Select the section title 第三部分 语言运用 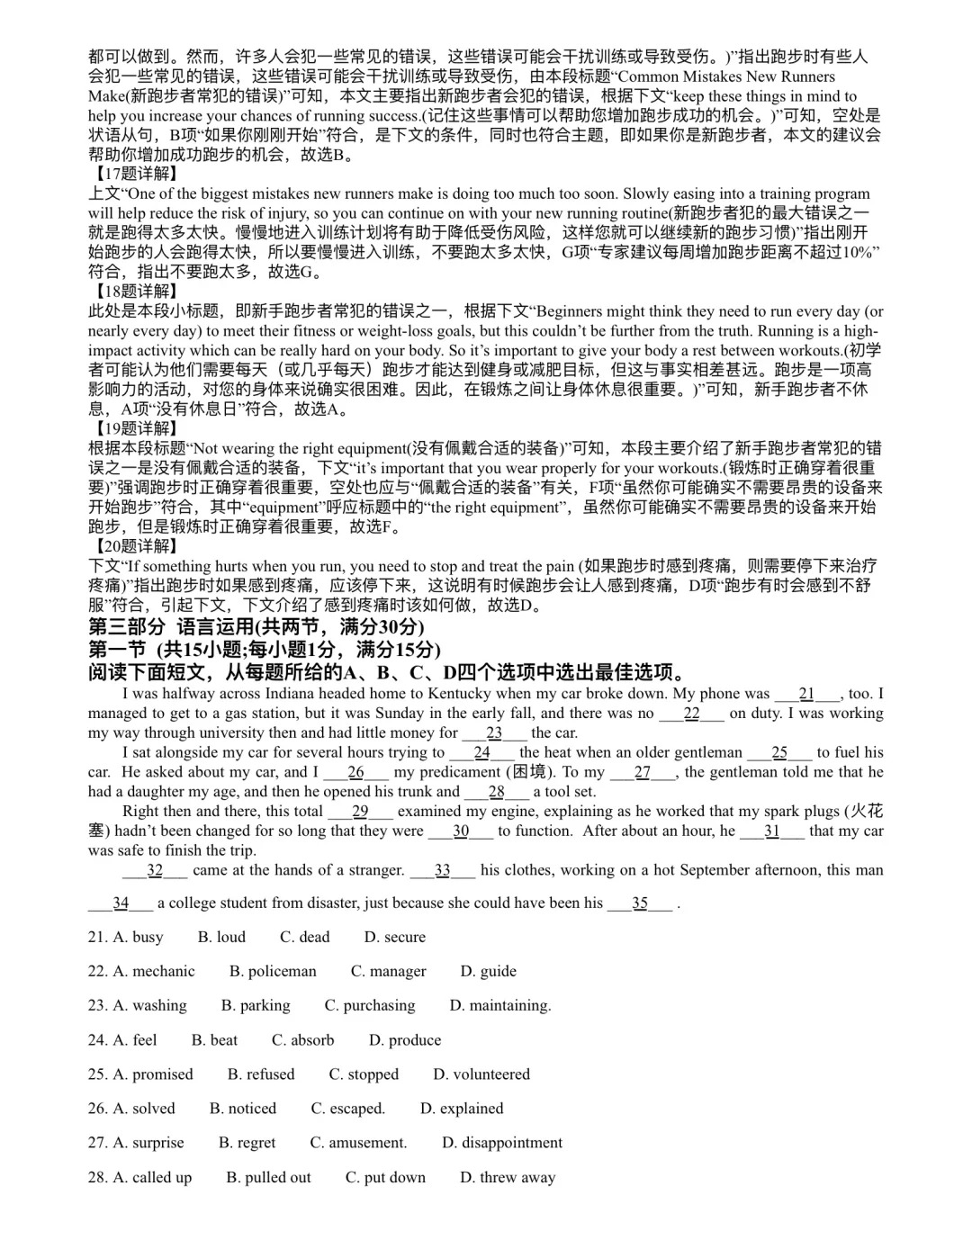[256, 627]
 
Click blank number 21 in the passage [806, 694]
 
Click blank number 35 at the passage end [640, 903]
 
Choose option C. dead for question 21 [304, 938]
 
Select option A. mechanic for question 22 [141, 972]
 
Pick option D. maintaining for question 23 [499, 1006]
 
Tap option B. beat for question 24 [214, 1040]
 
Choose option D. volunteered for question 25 [481, 1074]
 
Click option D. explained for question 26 [462, 1109]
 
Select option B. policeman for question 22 [273, 972]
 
